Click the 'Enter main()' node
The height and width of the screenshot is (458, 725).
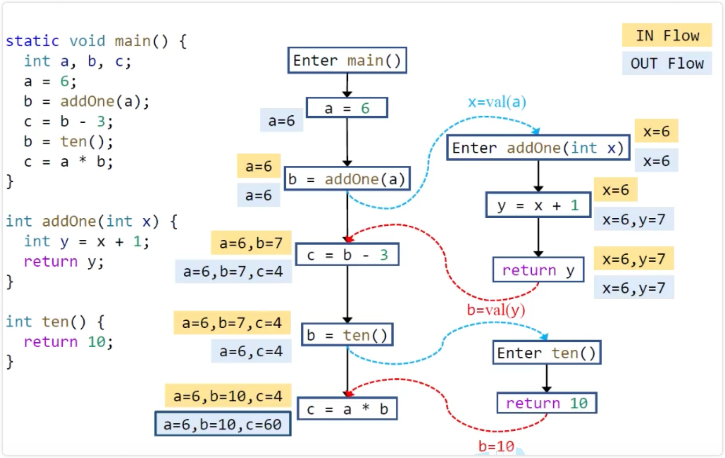point(347,61)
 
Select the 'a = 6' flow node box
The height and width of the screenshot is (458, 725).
point(347,108)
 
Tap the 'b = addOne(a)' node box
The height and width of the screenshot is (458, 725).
point(347,179)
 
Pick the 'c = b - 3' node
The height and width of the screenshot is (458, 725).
point(347,255)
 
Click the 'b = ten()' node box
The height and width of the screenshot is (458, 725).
point(347,335)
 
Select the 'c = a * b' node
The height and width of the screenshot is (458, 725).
point(347,409)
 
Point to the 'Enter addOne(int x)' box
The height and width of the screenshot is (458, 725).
point(538,148)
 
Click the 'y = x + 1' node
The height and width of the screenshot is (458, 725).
point(538,205)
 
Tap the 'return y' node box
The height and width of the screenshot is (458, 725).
point(538,270)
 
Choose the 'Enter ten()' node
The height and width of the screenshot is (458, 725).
point(546,353)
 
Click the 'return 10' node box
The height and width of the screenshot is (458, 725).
point(546,403)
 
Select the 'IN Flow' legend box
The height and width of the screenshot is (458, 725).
point(667,36)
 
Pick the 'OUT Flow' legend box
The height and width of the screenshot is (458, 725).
point(667,63)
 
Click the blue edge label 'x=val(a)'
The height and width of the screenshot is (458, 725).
point(497,102)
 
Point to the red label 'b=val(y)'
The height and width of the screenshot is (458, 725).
point(496,310)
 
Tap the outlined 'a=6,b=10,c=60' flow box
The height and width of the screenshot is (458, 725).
point(223,424)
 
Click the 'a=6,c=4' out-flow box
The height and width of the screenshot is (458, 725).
point(251,351)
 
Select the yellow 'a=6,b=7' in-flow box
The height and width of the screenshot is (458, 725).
point(251,243)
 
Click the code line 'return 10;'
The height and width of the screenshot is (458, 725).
point(68,342)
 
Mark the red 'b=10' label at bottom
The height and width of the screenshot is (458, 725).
point(496,446)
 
